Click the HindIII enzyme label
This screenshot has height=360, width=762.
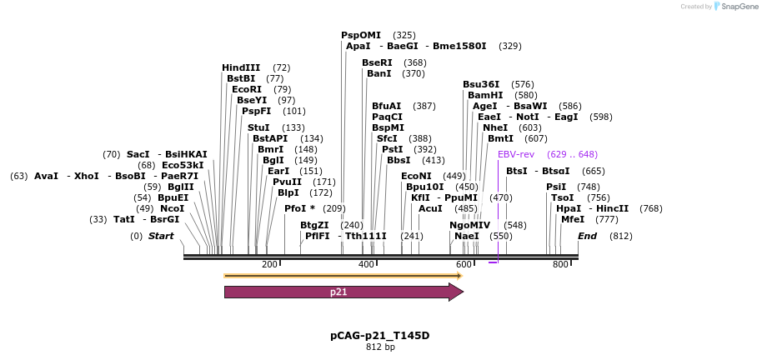point(241,67)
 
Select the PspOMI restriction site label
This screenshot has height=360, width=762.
point(360,35)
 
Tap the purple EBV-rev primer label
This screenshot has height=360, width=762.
point(515,154)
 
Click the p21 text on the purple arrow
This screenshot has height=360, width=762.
point(338,292)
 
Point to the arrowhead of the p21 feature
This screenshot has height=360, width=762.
point(456,292)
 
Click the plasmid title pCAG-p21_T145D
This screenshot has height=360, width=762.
point(380,336)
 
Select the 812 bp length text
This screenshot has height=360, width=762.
point(380,347)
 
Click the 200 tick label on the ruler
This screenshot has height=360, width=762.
point(269,265)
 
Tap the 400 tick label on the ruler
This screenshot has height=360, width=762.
point(366,265)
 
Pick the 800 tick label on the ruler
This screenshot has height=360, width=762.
point(560,265)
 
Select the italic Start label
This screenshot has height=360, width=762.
point(161,236)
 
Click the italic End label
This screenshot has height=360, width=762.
point(587,236)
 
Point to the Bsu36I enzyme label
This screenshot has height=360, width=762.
point(481,84)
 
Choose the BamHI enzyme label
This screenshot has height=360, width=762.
point(485,95)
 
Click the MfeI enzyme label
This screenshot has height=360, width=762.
point(573,219)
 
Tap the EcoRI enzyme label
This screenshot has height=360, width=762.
point(247,89)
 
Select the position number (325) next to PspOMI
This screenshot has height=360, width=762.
point(404,35)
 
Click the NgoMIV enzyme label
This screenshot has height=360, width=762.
point(470,225)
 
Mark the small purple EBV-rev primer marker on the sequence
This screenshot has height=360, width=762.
point(493,262)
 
